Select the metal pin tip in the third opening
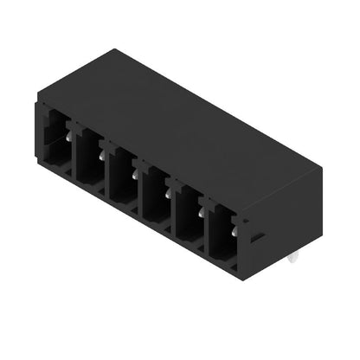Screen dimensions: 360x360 pyautogui.click(x=135, y=174)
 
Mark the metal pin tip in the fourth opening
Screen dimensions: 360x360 pyautogui.click(x=168, y=193)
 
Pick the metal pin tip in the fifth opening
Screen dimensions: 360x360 pyautogui.click(x=202, y=210)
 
